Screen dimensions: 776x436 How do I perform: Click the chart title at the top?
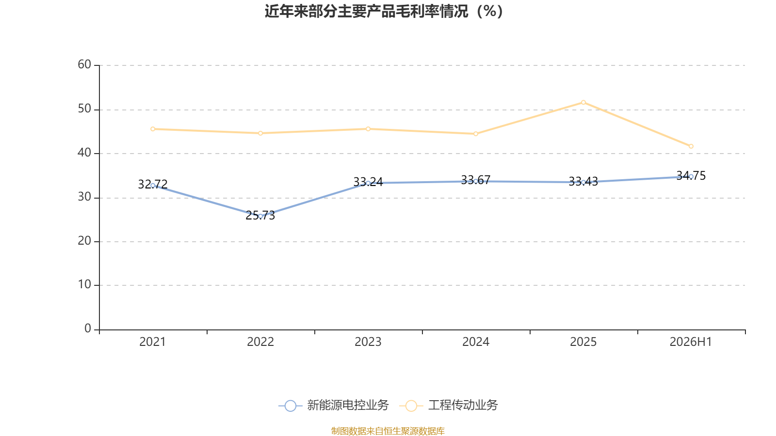(384, 12)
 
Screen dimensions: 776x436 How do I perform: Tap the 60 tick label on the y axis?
(84, 65)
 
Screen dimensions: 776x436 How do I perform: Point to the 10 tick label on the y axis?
(84, 285)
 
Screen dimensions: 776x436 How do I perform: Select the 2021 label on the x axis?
(152, 342)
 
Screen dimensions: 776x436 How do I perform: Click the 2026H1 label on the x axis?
(691, 342)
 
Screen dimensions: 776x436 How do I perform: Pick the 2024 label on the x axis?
(476, 342)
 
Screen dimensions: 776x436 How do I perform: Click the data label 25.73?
(260, 216)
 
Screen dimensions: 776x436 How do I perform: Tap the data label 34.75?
(691, 176)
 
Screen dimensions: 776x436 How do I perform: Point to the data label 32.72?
(153, 185)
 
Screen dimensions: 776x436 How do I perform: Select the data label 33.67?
(476, 180)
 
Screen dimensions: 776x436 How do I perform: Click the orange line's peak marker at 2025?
(583, 102)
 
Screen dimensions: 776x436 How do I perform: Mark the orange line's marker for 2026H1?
(691, 146)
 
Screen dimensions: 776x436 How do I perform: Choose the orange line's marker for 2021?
(153, 129)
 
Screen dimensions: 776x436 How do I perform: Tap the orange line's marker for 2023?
(368, 129)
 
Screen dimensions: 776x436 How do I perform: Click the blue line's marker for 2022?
(260, 216)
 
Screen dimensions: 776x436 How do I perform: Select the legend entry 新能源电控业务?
(334, 405)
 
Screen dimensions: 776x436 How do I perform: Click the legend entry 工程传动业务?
(449, 405)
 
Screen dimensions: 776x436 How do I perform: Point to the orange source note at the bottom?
(388, 431)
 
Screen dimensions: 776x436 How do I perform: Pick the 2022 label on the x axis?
(260, 342)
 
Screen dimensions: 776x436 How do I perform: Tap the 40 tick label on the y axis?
(84, 153)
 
